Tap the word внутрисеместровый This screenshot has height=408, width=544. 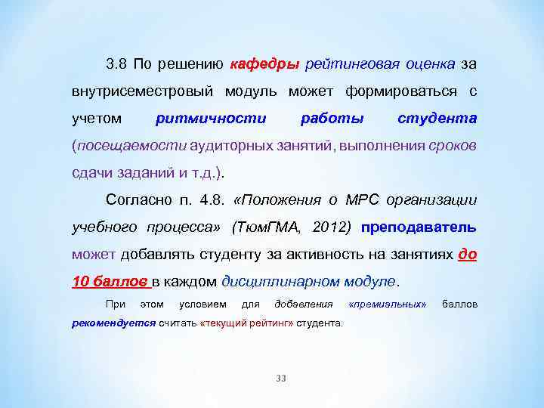143,91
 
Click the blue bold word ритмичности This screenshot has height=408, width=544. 210,119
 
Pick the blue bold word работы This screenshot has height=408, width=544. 332,119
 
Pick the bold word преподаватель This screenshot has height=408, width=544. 419,227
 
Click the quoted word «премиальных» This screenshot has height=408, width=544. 388,304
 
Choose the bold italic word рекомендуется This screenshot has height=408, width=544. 113,323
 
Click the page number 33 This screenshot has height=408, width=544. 281,378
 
